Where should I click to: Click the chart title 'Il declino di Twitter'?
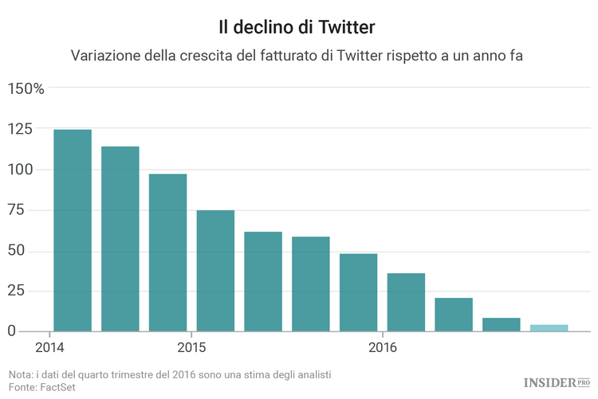tap(297, 26)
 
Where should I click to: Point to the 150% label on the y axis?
tap(26, 88)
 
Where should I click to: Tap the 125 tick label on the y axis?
tap(21, 128)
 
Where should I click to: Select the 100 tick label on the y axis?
tap(21, 169)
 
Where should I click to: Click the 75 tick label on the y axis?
tap(17, 209)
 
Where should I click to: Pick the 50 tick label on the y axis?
tap(17, 251)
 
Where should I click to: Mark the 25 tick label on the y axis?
tap(17, 291)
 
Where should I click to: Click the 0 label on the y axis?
tap(12, 331)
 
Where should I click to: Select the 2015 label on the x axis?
tap(191, 348)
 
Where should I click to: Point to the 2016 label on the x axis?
tap(383, 348)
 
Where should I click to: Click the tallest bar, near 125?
tap(72, 230)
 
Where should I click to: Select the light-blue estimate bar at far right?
tap(549, 327)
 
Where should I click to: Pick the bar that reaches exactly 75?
tap(215, 271)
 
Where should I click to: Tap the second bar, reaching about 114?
tap(120, 239)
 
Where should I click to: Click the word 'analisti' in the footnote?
tap(309, 374)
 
